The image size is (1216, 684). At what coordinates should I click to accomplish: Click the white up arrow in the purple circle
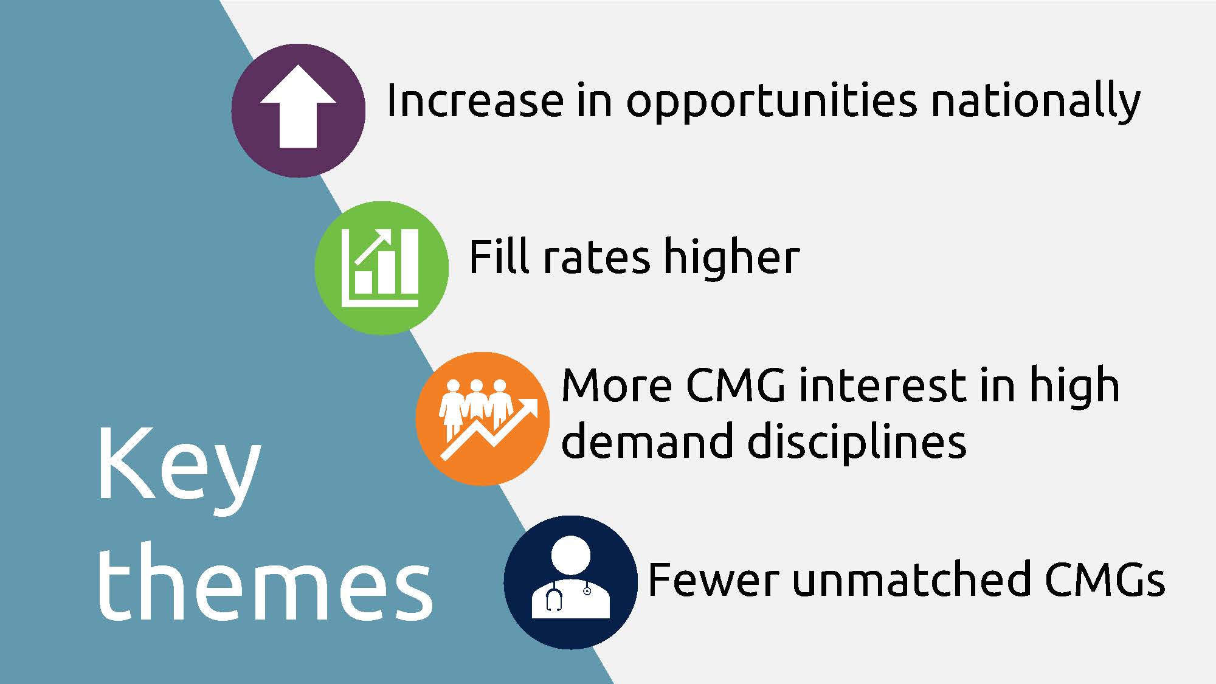tap(298, 107)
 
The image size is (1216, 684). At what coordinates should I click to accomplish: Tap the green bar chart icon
tap(381, 268)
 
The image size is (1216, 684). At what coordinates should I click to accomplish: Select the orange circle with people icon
tap(483, 419)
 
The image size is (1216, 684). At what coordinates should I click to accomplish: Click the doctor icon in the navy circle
tap(570, 577)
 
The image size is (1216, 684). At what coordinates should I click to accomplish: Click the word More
tap(617, 386)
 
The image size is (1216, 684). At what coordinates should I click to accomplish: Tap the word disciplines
tap(857, 442)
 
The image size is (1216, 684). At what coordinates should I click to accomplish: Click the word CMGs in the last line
tap(1105, 579)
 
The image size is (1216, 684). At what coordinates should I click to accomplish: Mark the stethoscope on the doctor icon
tap(568, 596)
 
